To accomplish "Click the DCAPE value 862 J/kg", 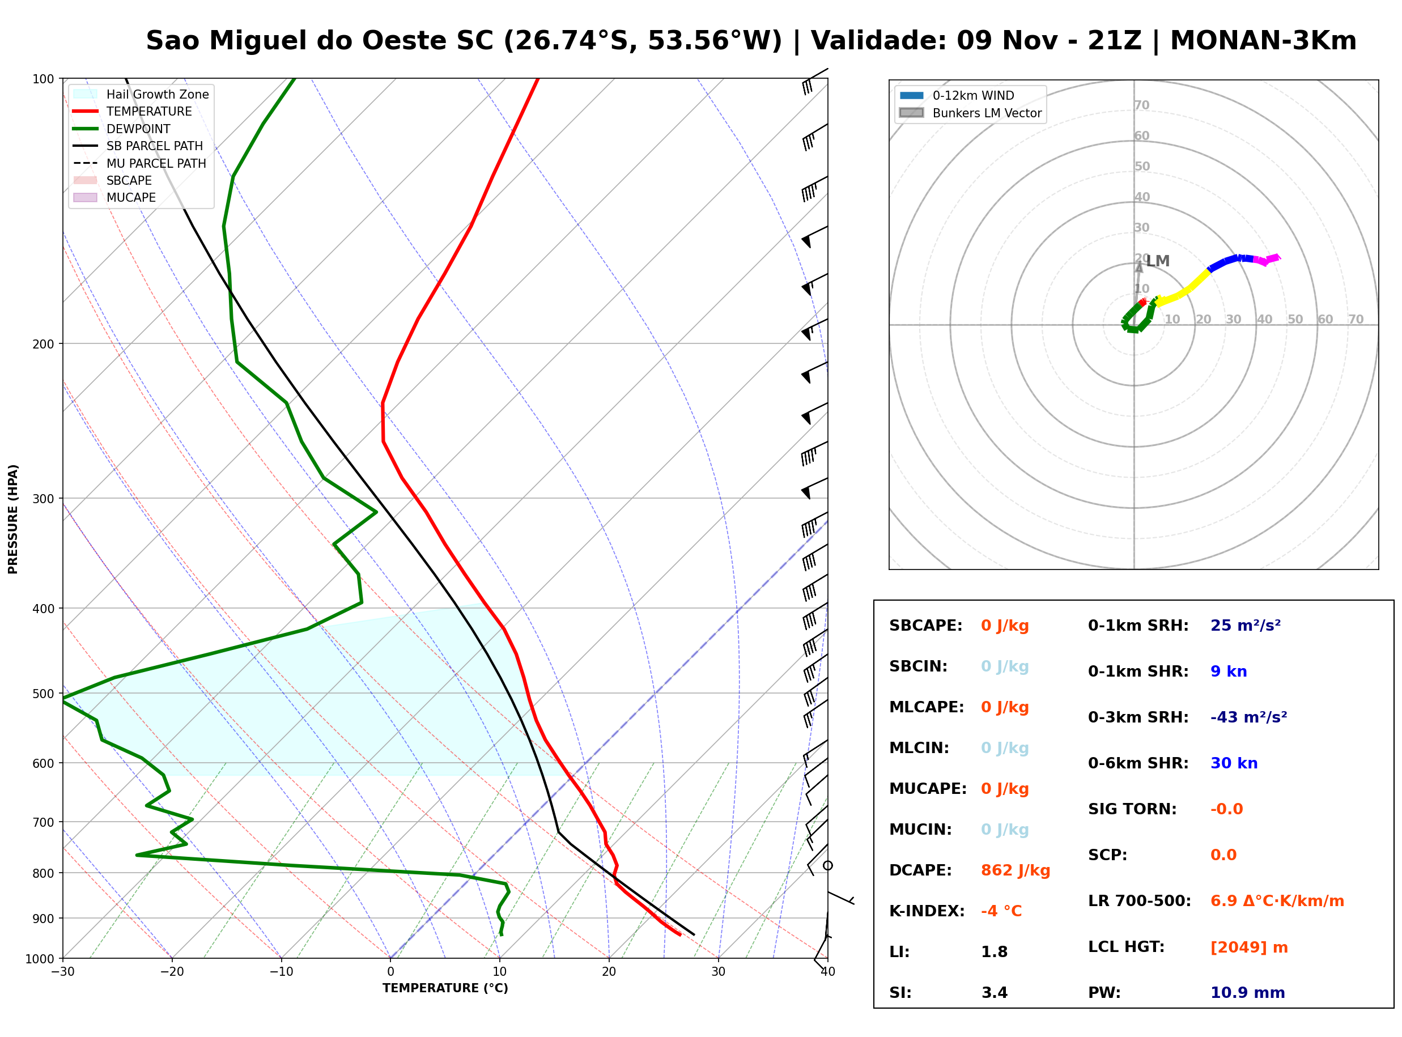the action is [1015, 870].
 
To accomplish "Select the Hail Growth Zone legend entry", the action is [141, 94].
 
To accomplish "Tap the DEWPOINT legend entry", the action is [122, 129].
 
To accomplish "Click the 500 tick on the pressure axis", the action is [43, 694].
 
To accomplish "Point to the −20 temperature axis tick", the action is [172, 972].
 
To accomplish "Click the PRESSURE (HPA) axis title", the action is [13, 519].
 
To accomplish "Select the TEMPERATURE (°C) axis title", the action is [445, 988].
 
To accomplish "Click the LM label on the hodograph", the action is [1158, 261].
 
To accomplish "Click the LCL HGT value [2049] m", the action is [1249, 947].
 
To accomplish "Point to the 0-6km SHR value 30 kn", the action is [1234, 763].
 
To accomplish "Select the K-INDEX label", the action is [927, 911].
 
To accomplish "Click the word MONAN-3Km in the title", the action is [1263, 41].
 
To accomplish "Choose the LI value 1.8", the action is [994, 952].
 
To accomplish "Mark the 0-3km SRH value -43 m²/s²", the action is [1248, 717].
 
